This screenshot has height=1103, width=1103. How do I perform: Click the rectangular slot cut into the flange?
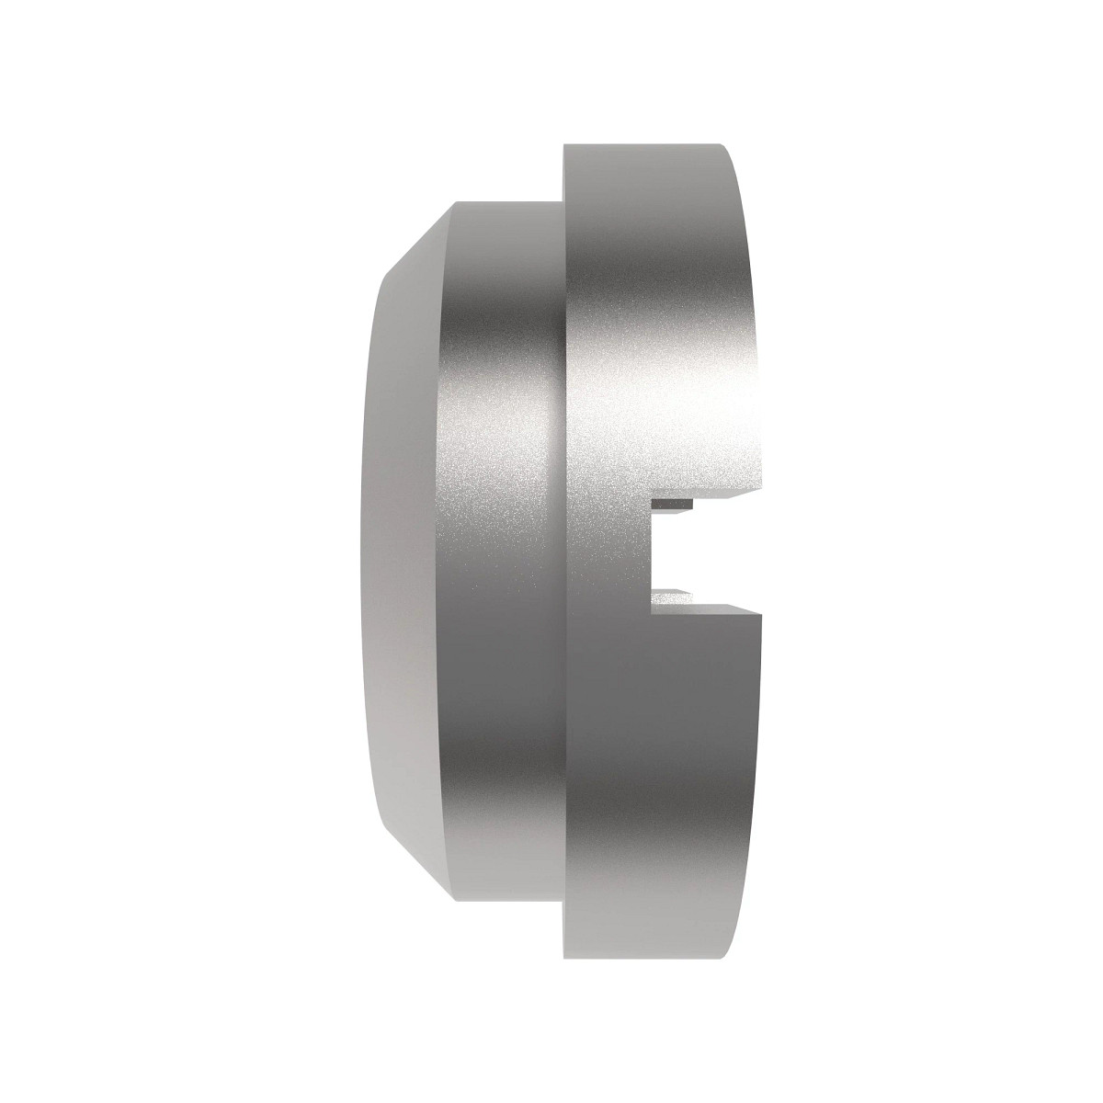coord(703,551)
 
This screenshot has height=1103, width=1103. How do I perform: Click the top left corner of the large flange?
coord(563,145)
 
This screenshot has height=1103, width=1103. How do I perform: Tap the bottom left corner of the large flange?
coord(563,958)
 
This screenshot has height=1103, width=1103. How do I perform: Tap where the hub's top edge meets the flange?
coord(563,202)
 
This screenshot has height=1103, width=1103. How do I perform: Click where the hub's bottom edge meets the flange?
coord(563,901)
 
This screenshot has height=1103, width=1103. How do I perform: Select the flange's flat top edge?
coord(643,146)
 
